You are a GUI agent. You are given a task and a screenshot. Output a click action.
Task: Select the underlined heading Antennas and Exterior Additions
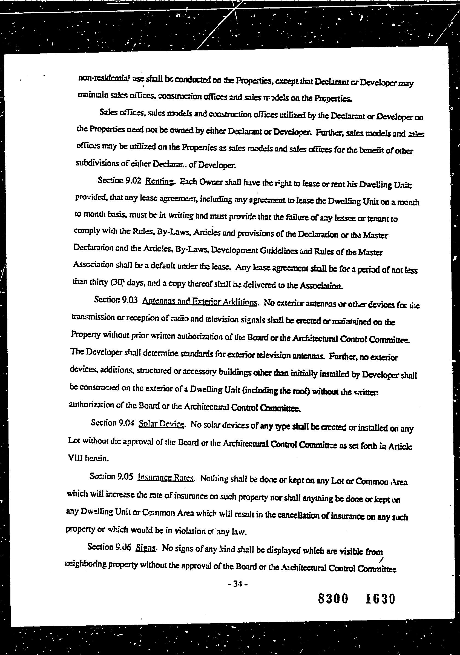[200, 301]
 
